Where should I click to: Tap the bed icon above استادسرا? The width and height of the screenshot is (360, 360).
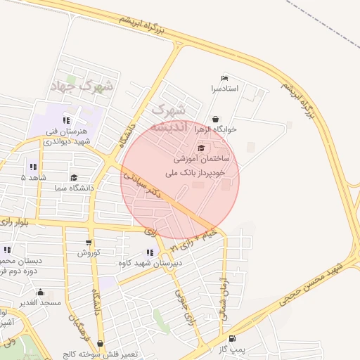point(224,77)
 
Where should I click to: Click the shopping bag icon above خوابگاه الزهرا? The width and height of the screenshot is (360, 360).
point(215,119)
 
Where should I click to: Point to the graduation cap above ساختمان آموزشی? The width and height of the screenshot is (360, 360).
point(202,148)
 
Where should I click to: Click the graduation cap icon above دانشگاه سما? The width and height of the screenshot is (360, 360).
point(74,178)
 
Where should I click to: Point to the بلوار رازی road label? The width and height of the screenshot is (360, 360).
point(22,221)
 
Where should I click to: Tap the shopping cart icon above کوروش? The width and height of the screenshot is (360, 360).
point(88,241)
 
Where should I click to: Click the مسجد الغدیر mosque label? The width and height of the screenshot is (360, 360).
point(40,302)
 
